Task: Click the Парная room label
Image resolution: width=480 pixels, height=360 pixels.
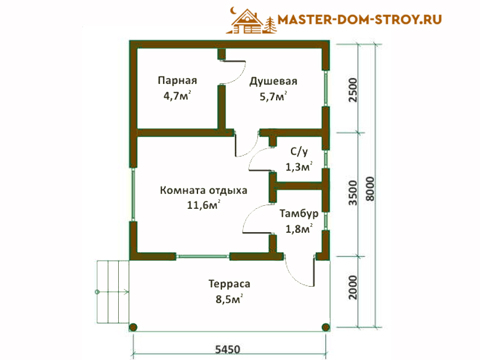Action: click(x=177, y=80)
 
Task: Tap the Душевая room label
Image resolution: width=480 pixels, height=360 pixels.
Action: click(x=273, y=82)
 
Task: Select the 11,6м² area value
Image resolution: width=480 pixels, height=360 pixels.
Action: click(x=203, y=205)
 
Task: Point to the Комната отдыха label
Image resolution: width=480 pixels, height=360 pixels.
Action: click(x=203, y=190)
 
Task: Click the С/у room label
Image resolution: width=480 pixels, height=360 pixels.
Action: click(x=299, y=151)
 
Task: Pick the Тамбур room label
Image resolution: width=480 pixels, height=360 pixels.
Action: click(x=299, y=214)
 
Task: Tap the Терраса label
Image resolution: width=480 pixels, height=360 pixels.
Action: click(x=229, y=284)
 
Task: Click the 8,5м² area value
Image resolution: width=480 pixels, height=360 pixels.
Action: click(x=229, y=298)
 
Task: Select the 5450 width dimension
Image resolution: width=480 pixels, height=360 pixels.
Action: click(x=228, y=349)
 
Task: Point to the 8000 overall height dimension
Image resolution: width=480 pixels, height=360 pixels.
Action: click(x=370, y=188)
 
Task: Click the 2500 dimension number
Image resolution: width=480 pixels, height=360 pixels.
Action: click(x=353, y=90)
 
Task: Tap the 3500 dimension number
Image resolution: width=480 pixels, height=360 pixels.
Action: click(x=353, y=193)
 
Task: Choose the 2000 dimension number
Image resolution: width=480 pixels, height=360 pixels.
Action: click(x=353, y=287)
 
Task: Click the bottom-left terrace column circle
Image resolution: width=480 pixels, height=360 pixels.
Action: click(x=133, y=327)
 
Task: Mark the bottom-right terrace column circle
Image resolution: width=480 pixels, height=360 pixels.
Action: click(x=326, y=327)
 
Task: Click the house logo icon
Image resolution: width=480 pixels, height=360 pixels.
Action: click(x=251, y=20)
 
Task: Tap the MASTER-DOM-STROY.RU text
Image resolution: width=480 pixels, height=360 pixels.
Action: click(x=359, y=20)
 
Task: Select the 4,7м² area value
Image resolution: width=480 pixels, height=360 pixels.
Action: click(x=177, y=95)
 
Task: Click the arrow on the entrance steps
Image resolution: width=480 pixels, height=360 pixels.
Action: click(x=112, y=292)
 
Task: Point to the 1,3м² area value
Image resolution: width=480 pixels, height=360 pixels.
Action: click(x=299, y=167)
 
